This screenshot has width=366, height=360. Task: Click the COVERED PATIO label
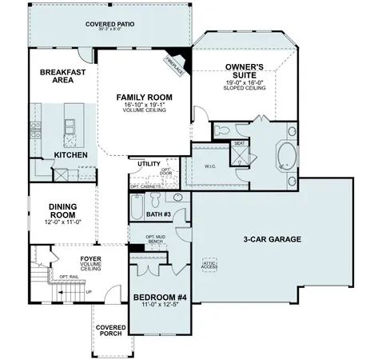[111, 24]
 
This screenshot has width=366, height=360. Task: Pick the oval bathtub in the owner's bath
[285, 154]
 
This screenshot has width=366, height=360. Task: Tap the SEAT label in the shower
[237, 144]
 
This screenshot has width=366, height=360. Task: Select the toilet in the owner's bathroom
[225, 129]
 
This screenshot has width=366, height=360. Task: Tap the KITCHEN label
[70, 154]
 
